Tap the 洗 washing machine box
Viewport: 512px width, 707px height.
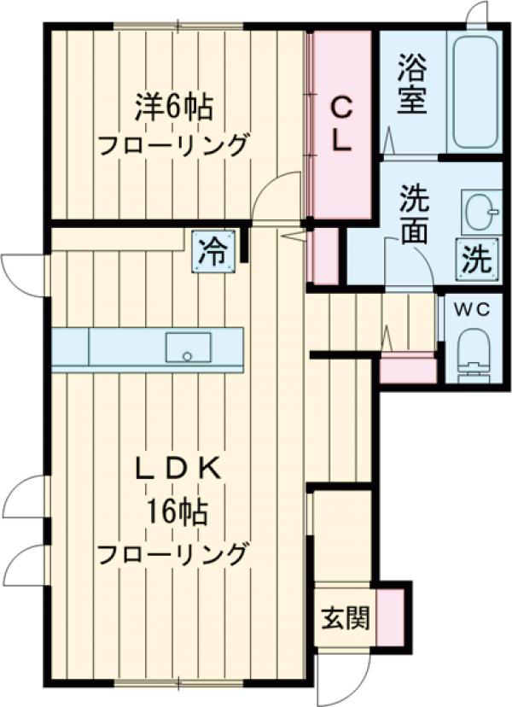pyautogui.click(x=478, y=258)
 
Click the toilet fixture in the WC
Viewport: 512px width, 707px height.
pyautogui.click(x=474, y=356)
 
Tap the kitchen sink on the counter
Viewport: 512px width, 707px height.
pyautogui.click(x=189, y=348)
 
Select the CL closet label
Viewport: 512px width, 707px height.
pyautogui.click(x=340, y=124)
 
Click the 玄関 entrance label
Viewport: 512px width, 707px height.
pyautogui.click(x=345, y=616)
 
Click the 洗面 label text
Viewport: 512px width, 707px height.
pyautogui.click(x=413, y=219)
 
